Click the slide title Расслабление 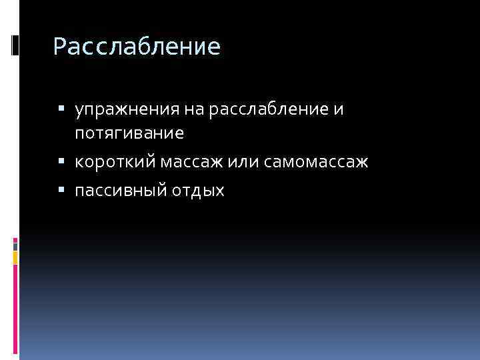pyautogui.click(x=136, y=47)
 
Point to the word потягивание pyautogui.click(x=129, y=133)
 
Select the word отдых pyautogui.click(x=201, y=191)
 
